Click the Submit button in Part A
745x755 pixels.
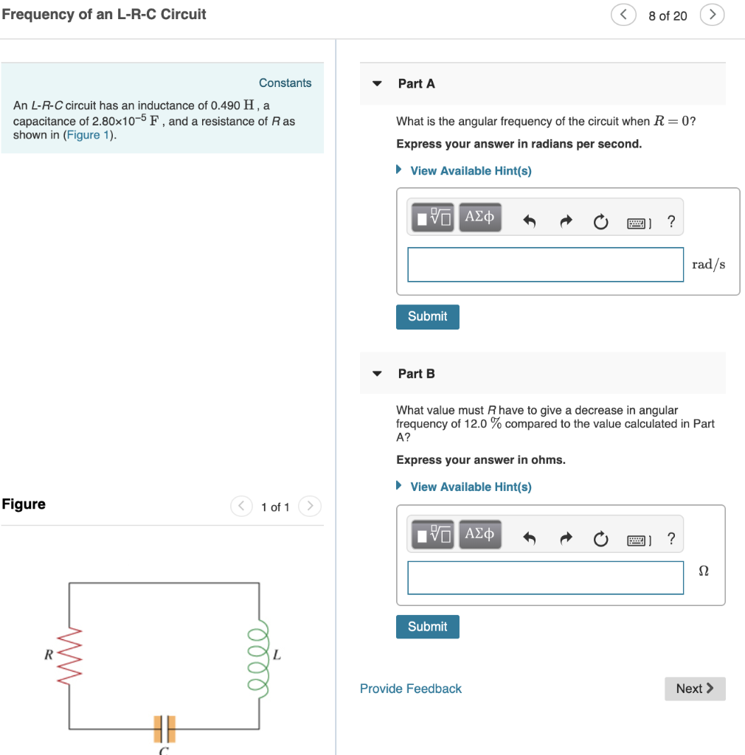pyautogui.click(x=427, y=316)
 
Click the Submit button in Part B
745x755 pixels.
pyautogui.click(x=427, y=627)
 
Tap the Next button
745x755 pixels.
pyautogui.click(x=694, y=689)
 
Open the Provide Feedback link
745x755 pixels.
pyautogui.click(x=410, y=689)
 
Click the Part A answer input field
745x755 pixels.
pyautogui.click(x=545, y=264)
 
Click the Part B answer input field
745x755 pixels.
pyautogui.click(x=545, y=577)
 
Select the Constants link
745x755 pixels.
pyautogui.click(x=285, y=83)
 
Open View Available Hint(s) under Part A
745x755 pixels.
pyautogui.click(x=470, y=171)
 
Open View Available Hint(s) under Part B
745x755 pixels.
pyautogui.click(x=470, y=487)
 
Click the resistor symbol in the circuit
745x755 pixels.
pyautogui.click(x=70, y=654)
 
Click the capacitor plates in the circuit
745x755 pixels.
pyautogui.click(x=164, y=728)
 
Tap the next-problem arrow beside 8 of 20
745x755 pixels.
pyautogui.click(x=712, y=15)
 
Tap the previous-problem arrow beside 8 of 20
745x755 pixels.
pyautogui.click(x=623, y=15)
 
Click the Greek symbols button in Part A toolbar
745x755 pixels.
pyautogui.click(x=479, y=218)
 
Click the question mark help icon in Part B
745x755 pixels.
pyautogui.click(x=670, y=539)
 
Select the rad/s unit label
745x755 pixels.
pyautogui.click(x=708, y=265)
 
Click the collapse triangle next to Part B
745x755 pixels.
pyautogui.click(x=378, y=374)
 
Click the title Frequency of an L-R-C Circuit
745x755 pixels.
pyautogui.click(x=104, y=15)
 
